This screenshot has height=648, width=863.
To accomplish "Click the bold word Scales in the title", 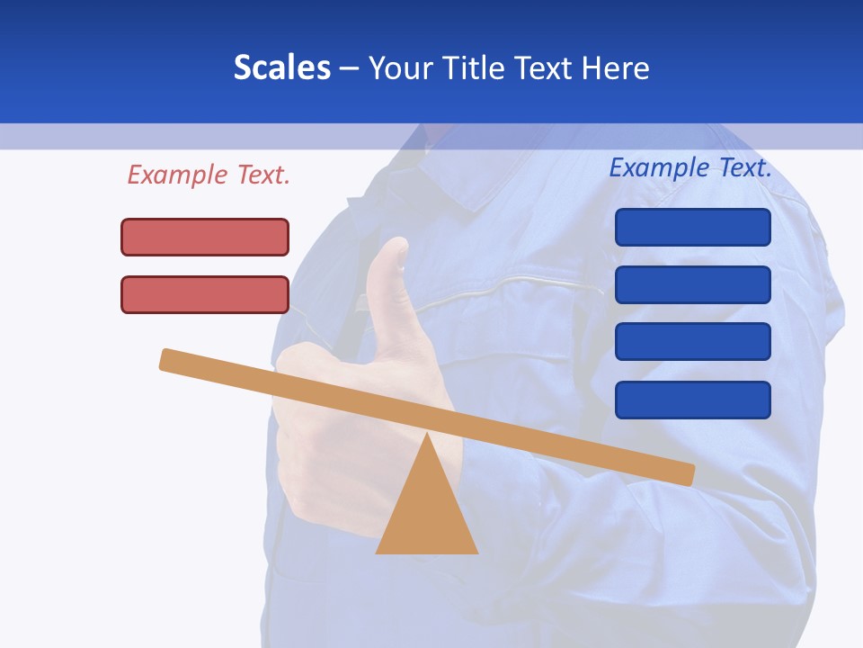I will point(282,67).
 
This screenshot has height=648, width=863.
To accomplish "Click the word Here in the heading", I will point(616,67).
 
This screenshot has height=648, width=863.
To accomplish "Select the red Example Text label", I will point(209,175).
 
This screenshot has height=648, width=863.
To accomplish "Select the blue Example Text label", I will point(690,167).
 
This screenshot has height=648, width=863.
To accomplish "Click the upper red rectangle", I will point(205,237).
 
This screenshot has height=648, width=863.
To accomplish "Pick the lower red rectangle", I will point(205,294).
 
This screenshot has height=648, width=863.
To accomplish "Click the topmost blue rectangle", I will point(692,227).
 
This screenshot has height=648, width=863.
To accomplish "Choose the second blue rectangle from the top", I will point(692,284).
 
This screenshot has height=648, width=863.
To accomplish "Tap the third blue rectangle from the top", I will point(692,342).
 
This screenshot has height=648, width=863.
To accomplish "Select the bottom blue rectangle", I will point(692,400).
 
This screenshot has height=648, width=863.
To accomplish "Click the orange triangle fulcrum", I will point(426,513).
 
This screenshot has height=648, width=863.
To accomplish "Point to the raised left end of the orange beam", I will point(167,359).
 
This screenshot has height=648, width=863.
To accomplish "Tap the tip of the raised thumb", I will point(392,245).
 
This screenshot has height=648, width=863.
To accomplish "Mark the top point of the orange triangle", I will point(426,436).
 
